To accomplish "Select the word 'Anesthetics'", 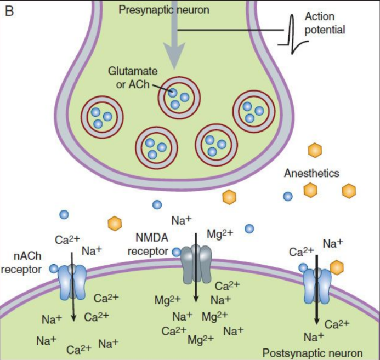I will pyautogui.click(x=311, y=173).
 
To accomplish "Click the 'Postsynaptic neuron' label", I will pyautogui.click(x=313, y=352).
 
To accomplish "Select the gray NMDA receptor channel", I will pyautogui.click(x=196, y=263).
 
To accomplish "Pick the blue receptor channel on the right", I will pyautogui.click(x=317, y=284).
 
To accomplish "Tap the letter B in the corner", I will pyautogui.click(x=9, y=10).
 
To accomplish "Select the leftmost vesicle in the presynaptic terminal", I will pyautogui.click(x=101, y=116).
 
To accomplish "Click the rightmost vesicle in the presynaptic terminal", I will pyautogui.click(x=253, y=110).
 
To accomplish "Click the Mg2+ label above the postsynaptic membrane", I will pyautogui.click(x=220, y=234).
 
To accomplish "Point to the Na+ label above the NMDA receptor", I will pyautogui.click(x=182, y=220).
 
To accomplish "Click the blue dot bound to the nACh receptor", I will pyautogui.click(x=54, y=268).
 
